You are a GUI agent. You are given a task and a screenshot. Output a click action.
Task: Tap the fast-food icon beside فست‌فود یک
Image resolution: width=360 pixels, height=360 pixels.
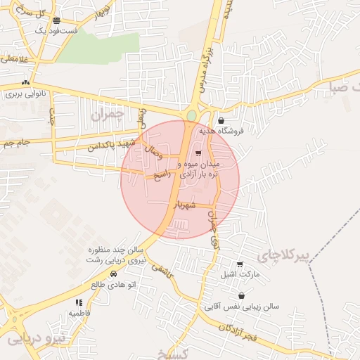pyautogui.click(x=56, y=20)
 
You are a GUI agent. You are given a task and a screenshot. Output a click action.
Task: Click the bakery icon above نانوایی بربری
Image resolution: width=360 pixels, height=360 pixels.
pyautogui.click(x=26, y=82)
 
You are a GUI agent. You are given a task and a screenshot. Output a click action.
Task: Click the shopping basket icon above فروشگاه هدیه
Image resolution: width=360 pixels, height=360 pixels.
pyautogui.click(x=221, y=120)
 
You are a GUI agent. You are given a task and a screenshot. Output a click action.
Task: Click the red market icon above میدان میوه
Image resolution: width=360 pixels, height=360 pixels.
pyautogui.click(x=198, y=153)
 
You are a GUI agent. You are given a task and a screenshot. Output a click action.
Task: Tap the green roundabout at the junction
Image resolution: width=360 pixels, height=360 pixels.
pyautogui.click(x=191, y=115)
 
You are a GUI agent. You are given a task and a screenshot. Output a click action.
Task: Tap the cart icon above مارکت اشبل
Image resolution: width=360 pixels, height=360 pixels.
pyautogui.click(x=240, y=264)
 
